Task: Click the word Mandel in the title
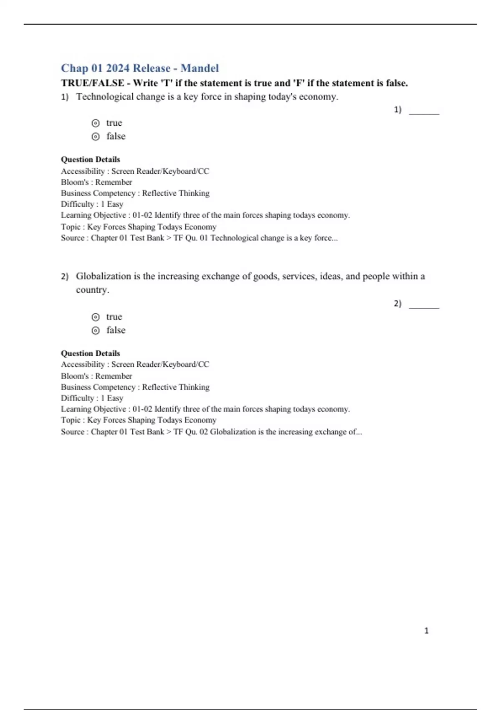click(x=200, y=68)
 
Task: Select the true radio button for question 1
click(x=96, y=123)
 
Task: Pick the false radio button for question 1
click(x=96, y=137)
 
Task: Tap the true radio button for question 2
click(x=96, y=317)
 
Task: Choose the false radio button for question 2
click(x=96, y=330)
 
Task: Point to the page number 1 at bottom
click(x=426, y=631)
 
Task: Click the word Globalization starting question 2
click(x=103, y=276)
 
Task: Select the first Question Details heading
click(x=90, y=159)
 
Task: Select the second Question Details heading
click(x=90, y=353)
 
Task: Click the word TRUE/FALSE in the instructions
click(x=92, y=83)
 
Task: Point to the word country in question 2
click(x=92, y=289)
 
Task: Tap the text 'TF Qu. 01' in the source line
click(x=190, y=238)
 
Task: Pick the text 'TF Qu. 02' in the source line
click(x=190, y=431)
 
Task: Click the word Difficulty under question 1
click(x=78, y=204)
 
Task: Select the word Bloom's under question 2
click(x=75, y=376)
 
